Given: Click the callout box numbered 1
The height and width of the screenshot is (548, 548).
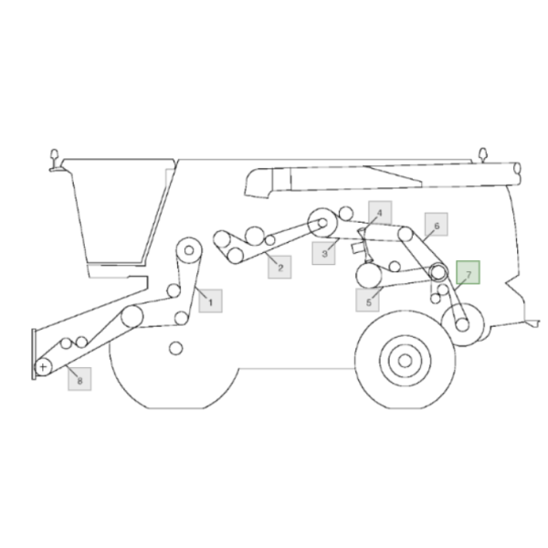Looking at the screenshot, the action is point(210,300).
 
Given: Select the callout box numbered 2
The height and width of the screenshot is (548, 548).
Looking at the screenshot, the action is point(279,268).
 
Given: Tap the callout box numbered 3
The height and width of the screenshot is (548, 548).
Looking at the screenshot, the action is point(323,253).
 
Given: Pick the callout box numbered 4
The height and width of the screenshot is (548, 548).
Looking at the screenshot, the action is point(380,213).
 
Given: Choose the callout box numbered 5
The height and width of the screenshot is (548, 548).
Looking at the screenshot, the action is point(368,300).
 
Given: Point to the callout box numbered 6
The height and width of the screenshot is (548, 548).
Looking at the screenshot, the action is point(437,225).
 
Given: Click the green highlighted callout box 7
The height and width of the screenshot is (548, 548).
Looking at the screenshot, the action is point(468,272).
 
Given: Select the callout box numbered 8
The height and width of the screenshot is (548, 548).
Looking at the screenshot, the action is point(79,379).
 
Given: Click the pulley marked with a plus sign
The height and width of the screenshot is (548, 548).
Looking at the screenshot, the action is point(43,367).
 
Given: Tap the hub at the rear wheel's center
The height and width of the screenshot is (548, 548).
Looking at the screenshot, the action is point(405,361).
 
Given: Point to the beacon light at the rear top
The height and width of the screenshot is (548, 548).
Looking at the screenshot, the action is point(482,154).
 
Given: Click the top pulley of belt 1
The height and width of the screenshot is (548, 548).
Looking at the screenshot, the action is point(189,250).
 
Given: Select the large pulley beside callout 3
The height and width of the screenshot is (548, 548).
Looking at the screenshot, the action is point(322,223).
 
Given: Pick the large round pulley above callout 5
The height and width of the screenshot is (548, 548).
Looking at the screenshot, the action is point(369,276).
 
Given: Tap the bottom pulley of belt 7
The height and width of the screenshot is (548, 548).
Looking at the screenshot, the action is point(462,325).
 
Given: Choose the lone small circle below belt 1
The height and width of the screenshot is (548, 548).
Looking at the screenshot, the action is point(175,349).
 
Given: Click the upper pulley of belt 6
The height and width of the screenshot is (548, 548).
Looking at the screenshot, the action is point(406,234).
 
